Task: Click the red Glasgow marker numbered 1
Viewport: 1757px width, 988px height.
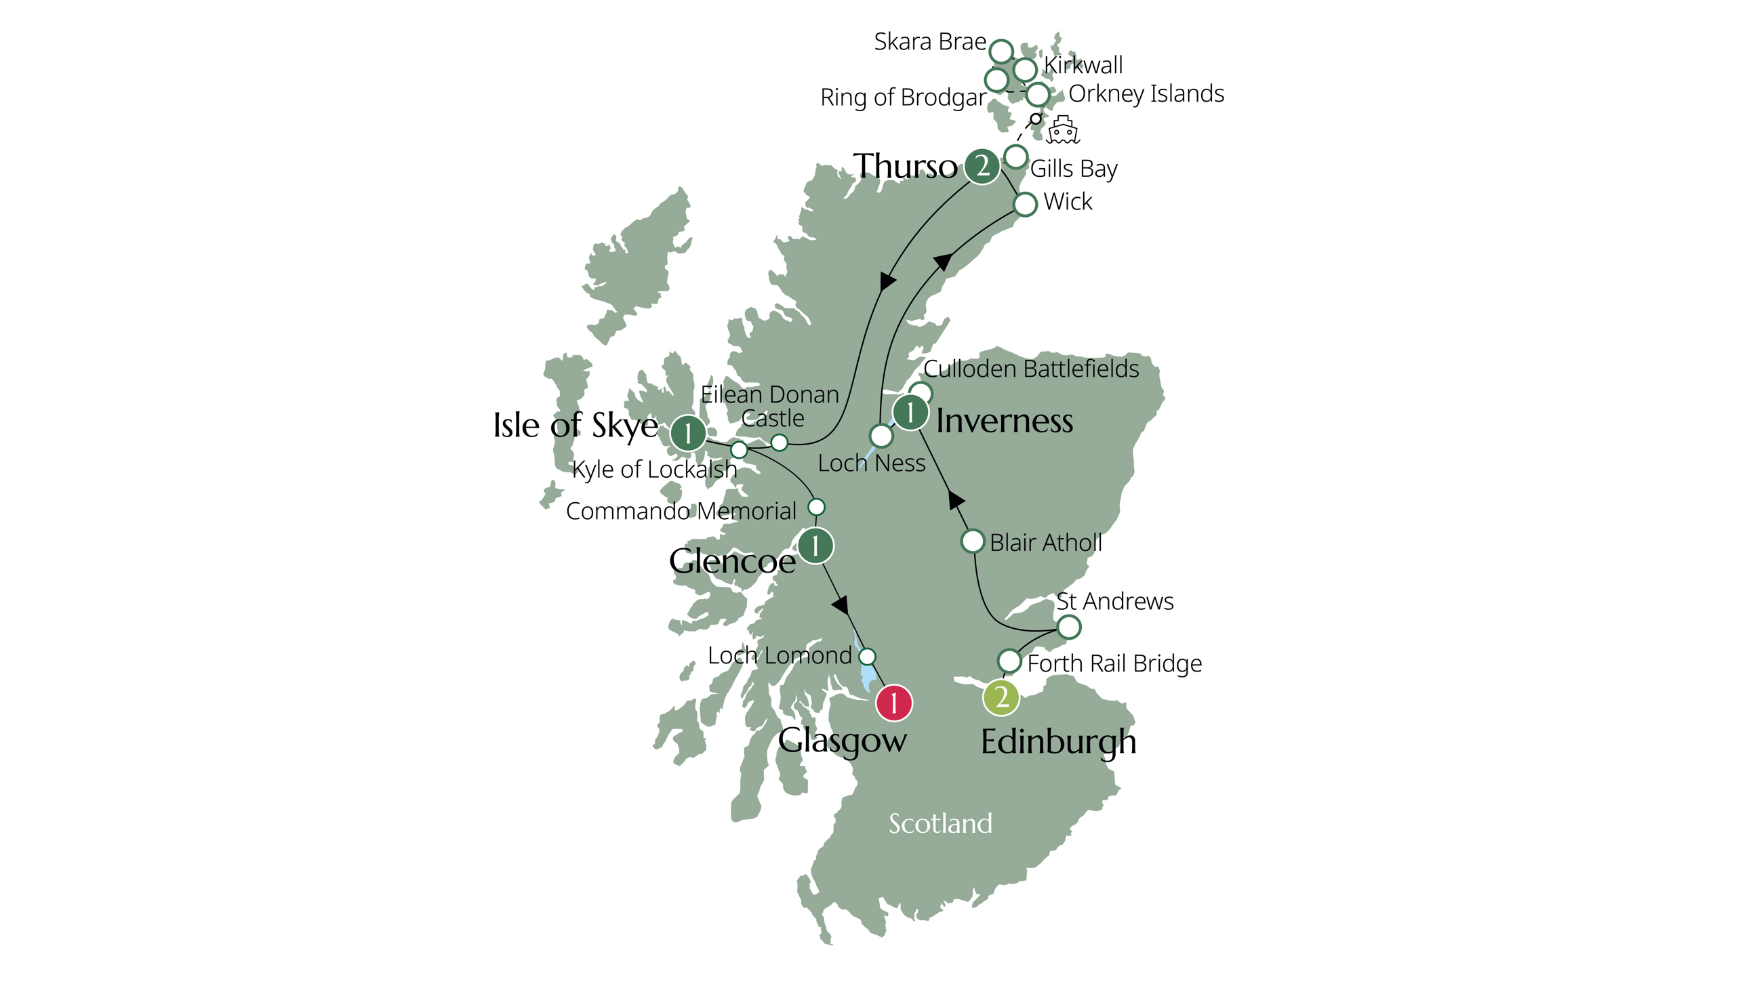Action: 893,702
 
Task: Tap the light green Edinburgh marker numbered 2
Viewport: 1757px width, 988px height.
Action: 1001,697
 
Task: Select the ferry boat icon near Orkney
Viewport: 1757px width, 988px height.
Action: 1063,130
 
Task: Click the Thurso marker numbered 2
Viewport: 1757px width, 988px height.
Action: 982,166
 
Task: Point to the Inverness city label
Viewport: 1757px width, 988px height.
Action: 1004,421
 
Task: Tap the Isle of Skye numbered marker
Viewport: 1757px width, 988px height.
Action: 687,432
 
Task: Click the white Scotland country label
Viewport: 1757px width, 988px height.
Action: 940,824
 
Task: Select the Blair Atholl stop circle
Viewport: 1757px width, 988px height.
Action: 973,541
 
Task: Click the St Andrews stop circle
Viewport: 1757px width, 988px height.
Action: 1068,627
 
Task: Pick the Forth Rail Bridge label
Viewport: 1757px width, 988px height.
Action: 1114,663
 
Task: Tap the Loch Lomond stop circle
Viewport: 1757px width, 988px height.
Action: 867,657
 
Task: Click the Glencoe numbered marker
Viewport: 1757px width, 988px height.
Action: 814,546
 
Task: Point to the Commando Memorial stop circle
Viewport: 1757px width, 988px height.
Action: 816,508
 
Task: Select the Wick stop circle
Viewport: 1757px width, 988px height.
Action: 1025,204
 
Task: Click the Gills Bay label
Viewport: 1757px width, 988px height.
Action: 1074,169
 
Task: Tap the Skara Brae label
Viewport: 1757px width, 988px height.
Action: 930,42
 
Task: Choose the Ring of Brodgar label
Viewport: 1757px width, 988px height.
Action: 903,98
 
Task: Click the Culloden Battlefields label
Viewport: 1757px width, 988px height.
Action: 1030,369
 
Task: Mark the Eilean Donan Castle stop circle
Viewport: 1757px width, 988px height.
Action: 779,443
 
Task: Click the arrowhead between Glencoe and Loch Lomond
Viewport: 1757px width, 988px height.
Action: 841,605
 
